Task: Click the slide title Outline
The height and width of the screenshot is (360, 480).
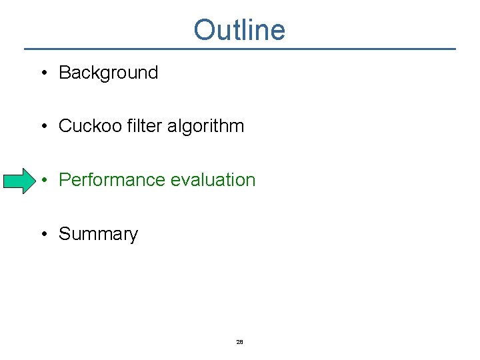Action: (239, 30)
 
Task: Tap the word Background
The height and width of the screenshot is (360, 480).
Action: (108, 73)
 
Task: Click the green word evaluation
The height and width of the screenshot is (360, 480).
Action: (213, 180)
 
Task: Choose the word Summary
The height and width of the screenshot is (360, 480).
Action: (98, 234)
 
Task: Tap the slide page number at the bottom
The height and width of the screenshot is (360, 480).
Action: (239, 342)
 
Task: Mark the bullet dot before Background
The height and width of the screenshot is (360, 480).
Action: (43, 73)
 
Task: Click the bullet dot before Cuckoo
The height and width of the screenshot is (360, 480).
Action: (43, 127)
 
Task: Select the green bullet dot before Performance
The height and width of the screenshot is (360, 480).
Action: (43, 181)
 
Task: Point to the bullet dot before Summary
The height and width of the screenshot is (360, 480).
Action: (43, 235)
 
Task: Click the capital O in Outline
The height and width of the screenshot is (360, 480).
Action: (204, 30)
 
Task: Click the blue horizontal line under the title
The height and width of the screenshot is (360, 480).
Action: (239, 49)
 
